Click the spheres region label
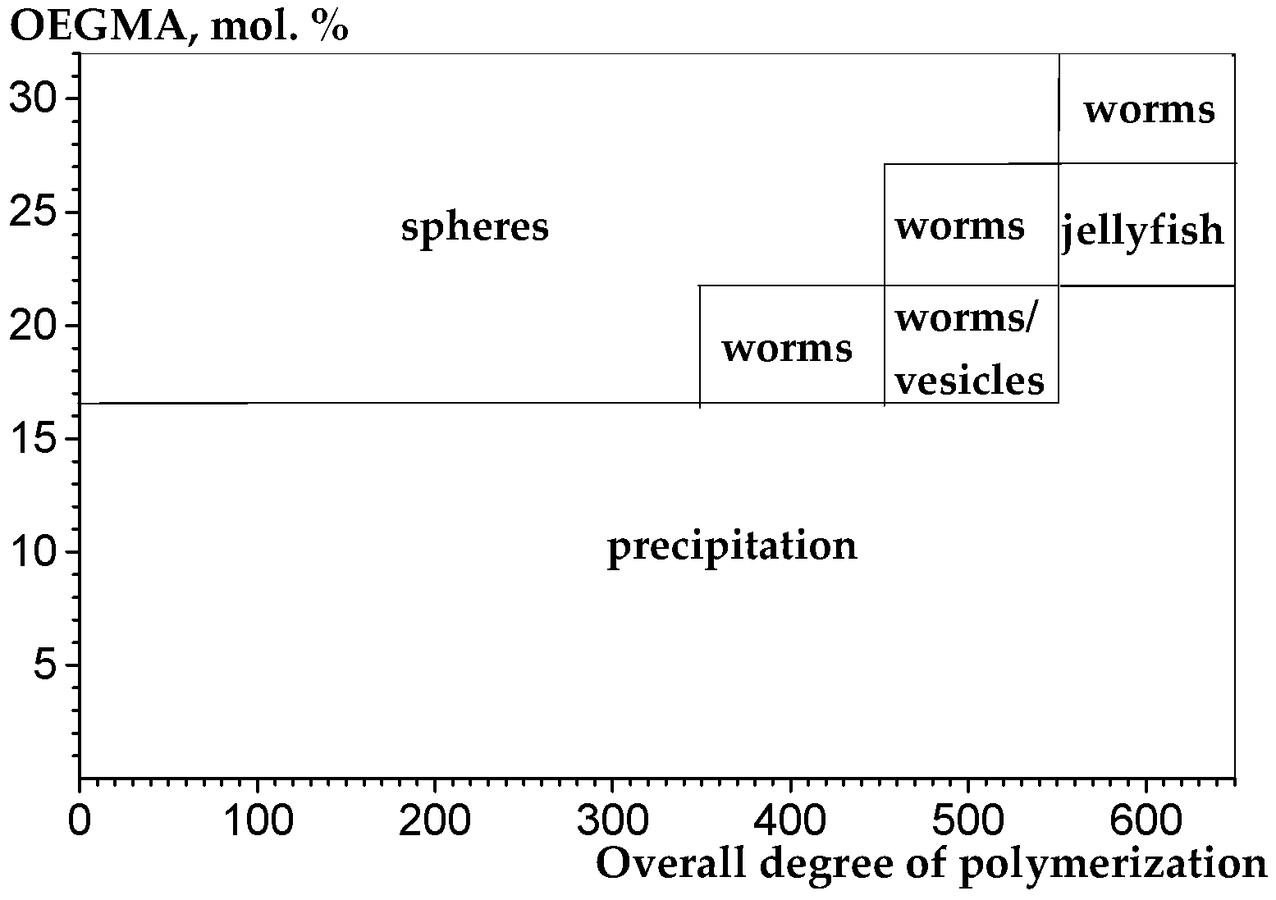pyautogui.click(x=474, y=227)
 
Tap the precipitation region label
pyautogui.click(x=732, y=546)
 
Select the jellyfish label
pyautogui.click(x=1142, y=231)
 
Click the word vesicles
pyautogui.click(x=969, y=381)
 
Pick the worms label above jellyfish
pyautogui.click(x=1149, y=109)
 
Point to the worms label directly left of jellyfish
pyautogui.click(x=959, y=226)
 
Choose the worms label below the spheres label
pyautogui.click(x=787, y=349)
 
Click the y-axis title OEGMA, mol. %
pyautogui.click(x=178, y=26)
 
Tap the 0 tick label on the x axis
pyautogui.click(x=80, y=821)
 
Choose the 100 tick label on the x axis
pyautogui.click(x=258, y=821)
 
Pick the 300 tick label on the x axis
pyautogui.click(x=613, y=821)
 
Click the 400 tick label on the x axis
pyautogui.click(x=790, y=821)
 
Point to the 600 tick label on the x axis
pyautogui.click(x=1146, y=821)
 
